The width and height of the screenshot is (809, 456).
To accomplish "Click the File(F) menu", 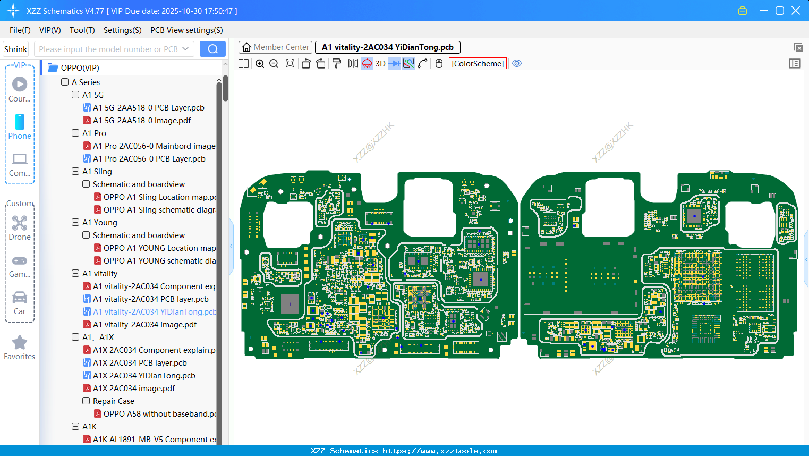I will [20, 30].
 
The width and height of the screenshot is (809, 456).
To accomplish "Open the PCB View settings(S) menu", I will [186, 30].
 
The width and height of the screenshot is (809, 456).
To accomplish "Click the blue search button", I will [212, 49].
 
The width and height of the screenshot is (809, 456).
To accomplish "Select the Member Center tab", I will [275, 47].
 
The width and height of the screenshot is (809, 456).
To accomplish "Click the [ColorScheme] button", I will [478, 64].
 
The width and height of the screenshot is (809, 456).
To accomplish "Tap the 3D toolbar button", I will [380, 64].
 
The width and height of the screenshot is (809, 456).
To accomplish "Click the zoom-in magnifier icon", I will [260, 64].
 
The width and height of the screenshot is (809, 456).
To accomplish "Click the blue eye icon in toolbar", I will [517, 64].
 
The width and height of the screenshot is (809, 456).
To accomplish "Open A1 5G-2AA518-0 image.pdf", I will [141, 121].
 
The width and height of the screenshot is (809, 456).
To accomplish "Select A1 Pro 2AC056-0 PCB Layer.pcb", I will [149, 159].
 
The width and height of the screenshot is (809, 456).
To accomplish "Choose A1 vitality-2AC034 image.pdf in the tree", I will [144, 325].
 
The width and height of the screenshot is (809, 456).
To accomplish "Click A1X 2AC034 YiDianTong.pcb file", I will [144, 376].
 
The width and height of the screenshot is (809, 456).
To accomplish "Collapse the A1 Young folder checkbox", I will [75, 223].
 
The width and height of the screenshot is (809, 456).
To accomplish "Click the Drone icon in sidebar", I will [20, 223].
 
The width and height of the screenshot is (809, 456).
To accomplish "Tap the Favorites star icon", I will [20, 343].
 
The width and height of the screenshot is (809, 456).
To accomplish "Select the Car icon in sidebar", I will [20, 298].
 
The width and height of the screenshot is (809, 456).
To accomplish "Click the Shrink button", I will [15, 49].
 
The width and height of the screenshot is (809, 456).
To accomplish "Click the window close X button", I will [796, 11].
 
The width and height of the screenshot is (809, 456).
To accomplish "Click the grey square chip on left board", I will [290, 305].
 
